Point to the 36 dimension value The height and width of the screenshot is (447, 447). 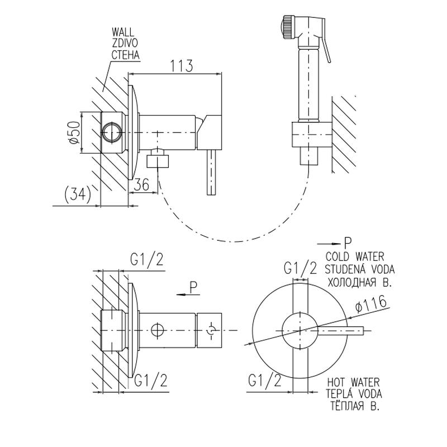(142, 184)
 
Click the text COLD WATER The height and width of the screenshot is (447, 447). (354, 257)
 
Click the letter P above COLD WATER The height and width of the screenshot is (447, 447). (348, 242)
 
